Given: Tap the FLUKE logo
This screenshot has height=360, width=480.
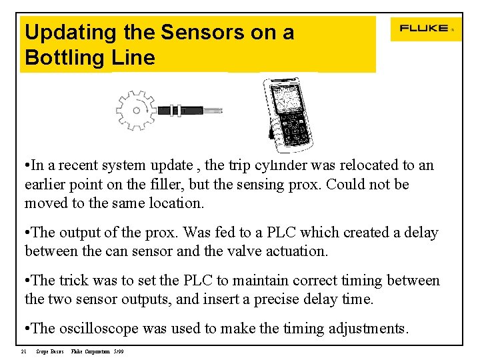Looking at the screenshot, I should pyautogui.click(x=423, y=29).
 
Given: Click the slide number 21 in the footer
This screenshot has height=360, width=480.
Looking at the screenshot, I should pyautogui.click(x=23, y=351).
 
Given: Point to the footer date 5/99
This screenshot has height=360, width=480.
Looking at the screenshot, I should pyautogui.click(x=119, y=351).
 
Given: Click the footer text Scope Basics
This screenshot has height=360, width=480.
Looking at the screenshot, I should pyautogui.click(x=50, y=351).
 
